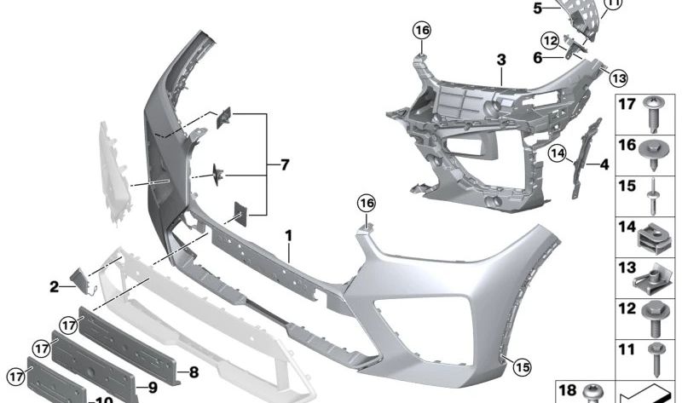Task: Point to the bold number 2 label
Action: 54,287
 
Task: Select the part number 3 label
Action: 501,61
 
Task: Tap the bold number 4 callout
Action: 604,164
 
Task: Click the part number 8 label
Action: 194,371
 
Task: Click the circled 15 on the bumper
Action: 522,367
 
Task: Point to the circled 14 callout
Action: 558,153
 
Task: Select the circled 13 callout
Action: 617,78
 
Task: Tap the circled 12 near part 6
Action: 550,40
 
